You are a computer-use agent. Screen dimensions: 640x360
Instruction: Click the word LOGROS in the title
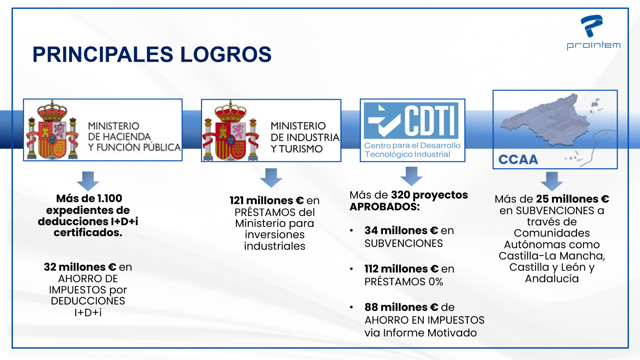(226, 54)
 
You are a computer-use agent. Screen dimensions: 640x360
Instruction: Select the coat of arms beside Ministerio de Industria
(231, 130)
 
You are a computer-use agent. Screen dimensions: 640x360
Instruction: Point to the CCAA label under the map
(518, 159)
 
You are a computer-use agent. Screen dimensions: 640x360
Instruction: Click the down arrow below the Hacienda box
(88, 181)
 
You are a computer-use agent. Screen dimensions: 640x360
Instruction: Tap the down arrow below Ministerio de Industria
(271, 178)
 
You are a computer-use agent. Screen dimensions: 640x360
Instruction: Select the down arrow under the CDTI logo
(411, 176)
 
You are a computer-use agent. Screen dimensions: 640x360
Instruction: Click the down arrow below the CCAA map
(552, 181)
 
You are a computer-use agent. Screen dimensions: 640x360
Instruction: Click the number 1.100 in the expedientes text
(109, 198)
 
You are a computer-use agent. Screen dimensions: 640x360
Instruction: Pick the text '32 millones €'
(80, 267)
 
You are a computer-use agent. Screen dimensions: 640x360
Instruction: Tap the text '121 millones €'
(267, 201)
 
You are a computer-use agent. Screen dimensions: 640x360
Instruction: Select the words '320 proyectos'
(429, 195)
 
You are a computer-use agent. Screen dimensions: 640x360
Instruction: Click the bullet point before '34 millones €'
(351, 230)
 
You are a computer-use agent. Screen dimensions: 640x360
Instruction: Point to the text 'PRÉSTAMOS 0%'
(404, 282)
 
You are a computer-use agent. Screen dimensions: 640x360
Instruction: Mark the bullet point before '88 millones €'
(351, 307)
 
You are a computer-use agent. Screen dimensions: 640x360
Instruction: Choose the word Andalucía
(552, 279)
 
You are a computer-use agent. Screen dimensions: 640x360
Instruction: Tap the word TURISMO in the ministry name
(301, 149)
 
